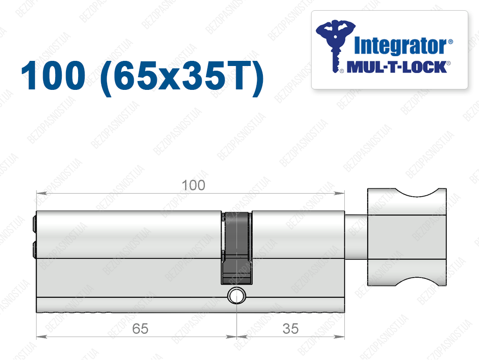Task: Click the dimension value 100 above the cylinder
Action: pos(193,185)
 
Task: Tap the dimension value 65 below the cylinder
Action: pos(140,329)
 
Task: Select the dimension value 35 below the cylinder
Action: pos(290,329)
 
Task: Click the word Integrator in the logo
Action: pos(400,46)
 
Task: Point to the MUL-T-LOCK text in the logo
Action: pos(397,67)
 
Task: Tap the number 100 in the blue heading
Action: pos(53,75)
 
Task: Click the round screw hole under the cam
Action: pos(237,296)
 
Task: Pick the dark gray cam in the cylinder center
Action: pos(237,248)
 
